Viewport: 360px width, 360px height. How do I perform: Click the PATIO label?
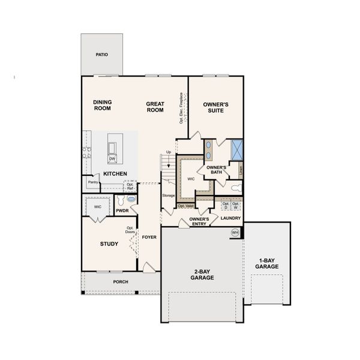pos(102,54)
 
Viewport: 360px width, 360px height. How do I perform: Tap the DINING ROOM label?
pos(103,106)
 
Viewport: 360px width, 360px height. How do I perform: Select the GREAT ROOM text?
pos(155,107)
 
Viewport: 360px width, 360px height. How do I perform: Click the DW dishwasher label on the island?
pos(112,158)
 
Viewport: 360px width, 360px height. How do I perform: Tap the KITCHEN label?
pos(115,173)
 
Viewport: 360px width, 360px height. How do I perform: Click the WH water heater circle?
pos(235,232)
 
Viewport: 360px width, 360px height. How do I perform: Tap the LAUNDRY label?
pos(230,218)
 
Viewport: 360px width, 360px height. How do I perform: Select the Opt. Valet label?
pos(185,206)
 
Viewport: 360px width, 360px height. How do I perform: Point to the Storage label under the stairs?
pos(168,196)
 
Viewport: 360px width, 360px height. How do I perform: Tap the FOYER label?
pos(149,237)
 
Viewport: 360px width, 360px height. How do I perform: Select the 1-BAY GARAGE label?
pos(267,263)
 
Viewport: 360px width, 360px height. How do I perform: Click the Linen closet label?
pos(241,170)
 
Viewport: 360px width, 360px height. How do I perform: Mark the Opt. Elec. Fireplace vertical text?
pos(181,108)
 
